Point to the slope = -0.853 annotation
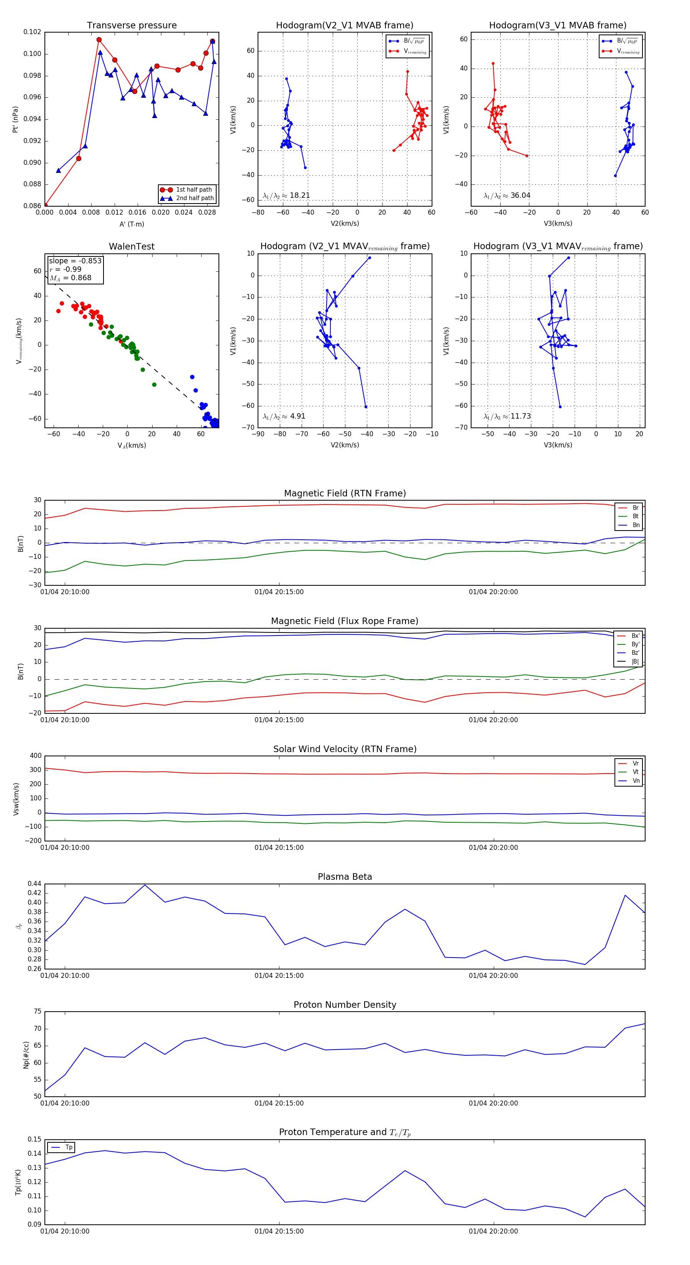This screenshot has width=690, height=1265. click(75, 261)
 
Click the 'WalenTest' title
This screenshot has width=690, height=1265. click(131, 246)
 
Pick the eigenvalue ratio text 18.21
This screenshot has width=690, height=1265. click(299, 195)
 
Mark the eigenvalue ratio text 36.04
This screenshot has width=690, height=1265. click(520, 195)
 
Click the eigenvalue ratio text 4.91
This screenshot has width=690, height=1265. click(297, 416)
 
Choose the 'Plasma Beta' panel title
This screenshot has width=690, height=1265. click(345, 877)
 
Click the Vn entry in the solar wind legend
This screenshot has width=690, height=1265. click(636, 781)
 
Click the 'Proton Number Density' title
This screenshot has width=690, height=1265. click(345, 1005)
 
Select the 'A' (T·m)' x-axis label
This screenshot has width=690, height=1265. click(131, 224)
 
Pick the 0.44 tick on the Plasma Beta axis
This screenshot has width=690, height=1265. click(34, 884)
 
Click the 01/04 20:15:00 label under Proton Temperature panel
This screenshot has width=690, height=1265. click(279, 1231)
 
